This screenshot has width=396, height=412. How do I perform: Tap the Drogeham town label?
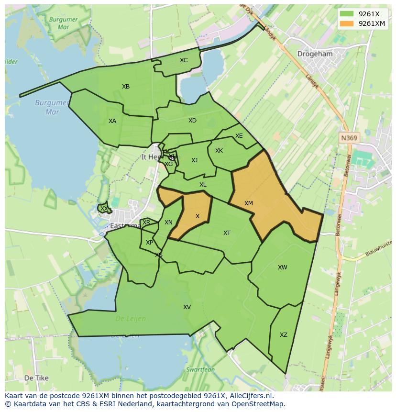(315, 54)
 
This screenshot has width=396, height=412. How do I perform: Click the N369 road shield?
(349, 138)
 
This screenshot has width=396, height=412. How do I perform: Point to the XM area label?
(249, 203)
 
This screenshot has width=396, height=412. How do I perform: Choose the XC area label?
(184, 60)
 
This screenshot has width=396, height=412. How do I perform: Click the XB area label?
(126, 87)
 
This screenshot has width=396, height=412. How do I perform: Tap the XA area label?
(112, 121)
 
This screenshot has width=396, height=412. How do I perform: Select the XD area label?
(192, 121)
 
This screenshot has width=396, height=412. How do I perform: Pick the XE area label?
(239, 136)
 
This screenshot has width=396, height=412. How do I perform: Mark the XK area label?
(219, 151)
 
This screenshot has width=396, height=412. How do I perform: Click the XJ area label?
(194, 160)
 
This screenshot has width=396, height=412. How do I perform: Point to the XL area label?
(203, 185)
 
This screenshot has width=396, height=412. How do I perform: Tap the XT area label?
(227, 233)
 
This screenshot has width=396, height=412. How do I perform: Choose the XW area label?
(283, 267)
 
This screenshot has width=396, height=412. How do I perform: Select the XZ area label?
(284, 335)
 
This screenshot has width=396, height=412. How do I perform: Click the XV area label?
(187, 307)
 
